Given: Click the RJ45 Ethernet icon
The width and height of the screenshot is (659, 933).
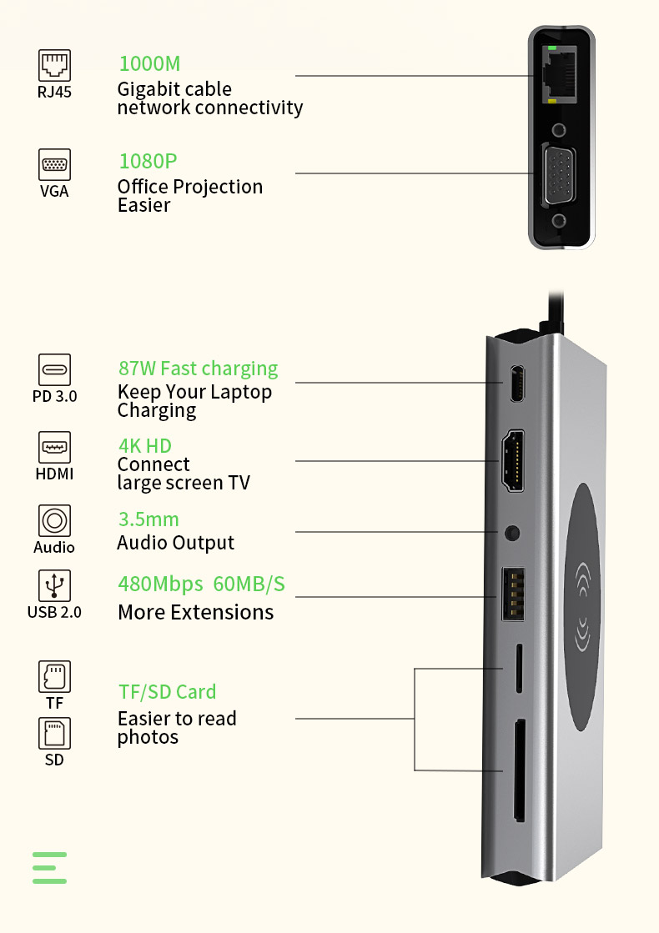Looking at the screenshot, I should pyautogui.click(x=55, y=65).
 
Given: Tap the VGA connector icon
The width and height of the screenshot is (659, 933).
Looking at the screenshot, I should pyautogui.click(x=55, y=164).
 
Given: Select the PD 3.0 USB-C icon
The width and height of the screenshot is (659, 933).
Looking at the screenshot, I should pyautogui.click(x=55, y=369).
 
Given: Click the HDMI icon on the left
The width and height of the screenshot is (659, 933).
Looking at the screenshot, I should pyautogui.click(x=55, y=447).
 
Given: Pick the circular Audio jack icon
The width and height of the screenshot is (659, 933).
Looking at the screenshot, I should pyautogui.click(x=55, y=521).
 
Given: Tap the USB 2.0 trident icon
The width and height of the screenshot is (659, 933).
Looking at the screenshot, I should pyautogui.click(x=55, y=586).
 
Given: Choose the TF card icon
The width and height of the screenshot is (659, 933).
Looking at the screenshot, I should pyautogui.click(x=55, y=677).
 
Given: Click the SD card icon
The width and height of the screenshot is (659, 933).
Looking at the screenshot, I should pyautogui.click(x=55, y=733).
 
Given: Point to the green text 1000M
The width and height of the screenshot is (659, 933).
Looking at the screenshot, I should pyautogui.click(x=149, y=63).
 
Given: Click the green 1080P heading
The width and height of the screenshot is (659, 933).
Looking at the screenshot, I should pyautogui.click(x=148, y=161).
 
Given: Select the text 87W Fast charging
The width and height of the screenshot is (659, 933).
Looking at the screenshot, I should pyautogui.click(x=199, y=369).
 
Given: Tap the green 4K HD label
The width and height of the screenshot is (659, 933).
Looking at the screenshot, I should pyautogui.click(x=144, y=445).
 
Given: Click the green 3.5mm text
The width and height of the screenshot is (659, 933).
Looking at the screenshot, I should pyautogui.click(x=148, y=519).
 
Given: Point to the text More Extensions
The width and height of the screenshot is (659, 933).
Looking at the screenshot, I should pyautogui.click(x=195, y=612).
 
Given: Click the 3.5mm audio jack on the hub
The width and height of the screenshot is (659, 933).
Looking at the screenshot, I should pyautogui.click(x=512, y=531).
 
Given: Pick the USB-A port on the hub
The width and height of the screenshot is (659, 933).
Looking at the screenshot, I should pyautogui.click(x=512, y=594).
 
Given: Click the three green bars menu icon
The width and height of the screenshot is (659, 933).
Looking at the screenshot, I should pyautogui.click(x=50, y=867).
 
